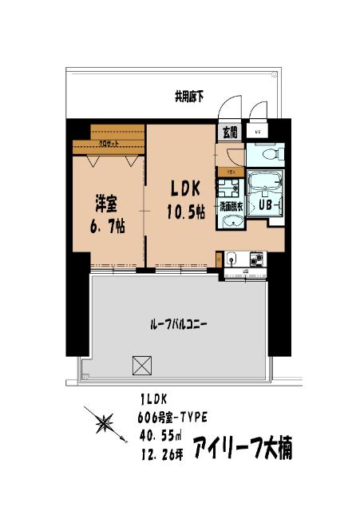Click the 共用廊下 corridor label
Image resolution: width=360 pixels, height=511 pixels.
click(189, 97)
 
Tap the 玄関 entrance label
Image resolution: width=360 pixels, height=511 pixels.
click(229, 133)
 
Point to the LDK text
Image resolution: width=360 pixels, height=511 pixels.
click(188, 188)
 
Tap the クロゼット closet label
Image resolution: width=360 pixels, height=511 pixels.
click(107, 145)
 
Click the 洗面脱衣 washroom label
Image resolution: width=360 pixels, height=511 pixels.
click(231, 204)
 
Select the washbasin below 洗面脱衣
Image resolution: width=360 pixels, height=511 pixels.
click(231, 222)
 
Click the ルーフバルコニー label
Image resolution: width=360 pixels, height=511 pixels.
click(179, 325)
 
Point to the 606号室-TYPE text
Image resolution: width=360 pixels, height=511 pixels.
click(174, 416)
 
